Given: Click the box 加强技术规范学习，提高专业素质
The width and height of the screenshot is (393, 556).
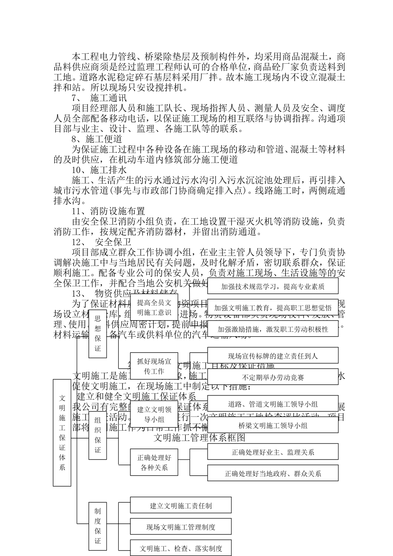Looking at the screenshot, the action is tap(273, 286).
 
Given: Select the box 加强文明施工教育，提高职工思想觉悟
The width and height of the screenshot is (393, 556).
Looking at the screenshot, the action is tap(273, 307).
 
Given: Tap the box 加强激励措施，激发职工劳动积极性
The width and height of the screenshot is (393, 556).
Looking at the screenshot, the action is tap(273, 329).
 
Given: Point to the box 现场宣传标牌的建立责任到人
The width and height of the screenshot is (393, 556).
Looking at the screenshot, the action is tap(273, 355).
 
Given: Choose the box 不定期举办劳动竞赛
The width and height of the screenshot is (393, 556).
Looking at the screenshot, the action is tap(273, 377).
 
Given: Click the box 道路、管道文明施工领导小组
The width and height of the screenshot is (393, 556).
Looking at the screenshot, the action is tap(273, 404).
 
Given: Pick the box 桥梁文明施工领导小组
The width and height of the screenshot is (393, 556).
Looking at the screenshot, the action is tap(273, 425).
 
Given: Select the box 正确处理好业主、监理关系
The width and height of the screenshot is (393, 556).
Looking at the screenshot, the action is tap(273, 452).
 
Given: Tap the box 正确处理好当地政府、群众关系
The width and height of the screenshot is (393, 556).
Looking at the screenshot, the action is tap(273, 473).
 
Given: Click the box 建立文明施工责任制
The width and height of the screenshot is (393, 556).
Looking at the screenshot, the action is tap(181, 506).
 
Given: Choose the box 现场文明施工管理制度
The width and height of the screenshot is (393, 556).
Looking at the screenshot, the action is tap(181, 527).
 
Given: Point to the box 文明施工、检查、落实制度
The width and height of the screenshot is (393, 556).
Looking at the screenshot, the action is tap(181, 548).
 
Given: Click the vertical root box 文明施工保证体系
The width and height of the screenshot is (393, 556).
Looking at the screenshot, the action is tap(62, 433).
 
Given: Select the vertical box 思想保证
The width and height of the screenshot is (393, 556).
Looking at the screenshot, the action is tap(98, 333).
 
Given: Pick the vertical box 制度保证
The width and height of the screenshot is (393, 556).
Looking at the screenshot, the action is tap(98, 525).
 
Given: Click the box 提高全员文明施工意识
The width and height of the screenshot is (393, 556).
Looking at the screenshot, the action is tap(154, 307).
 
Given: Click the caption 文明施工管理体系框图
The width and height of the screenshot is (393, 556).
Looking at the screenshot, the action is tap(199, 437).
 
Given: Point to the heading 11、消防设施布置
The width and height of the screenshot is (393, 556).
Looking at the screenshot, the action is tap(108, 211).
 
